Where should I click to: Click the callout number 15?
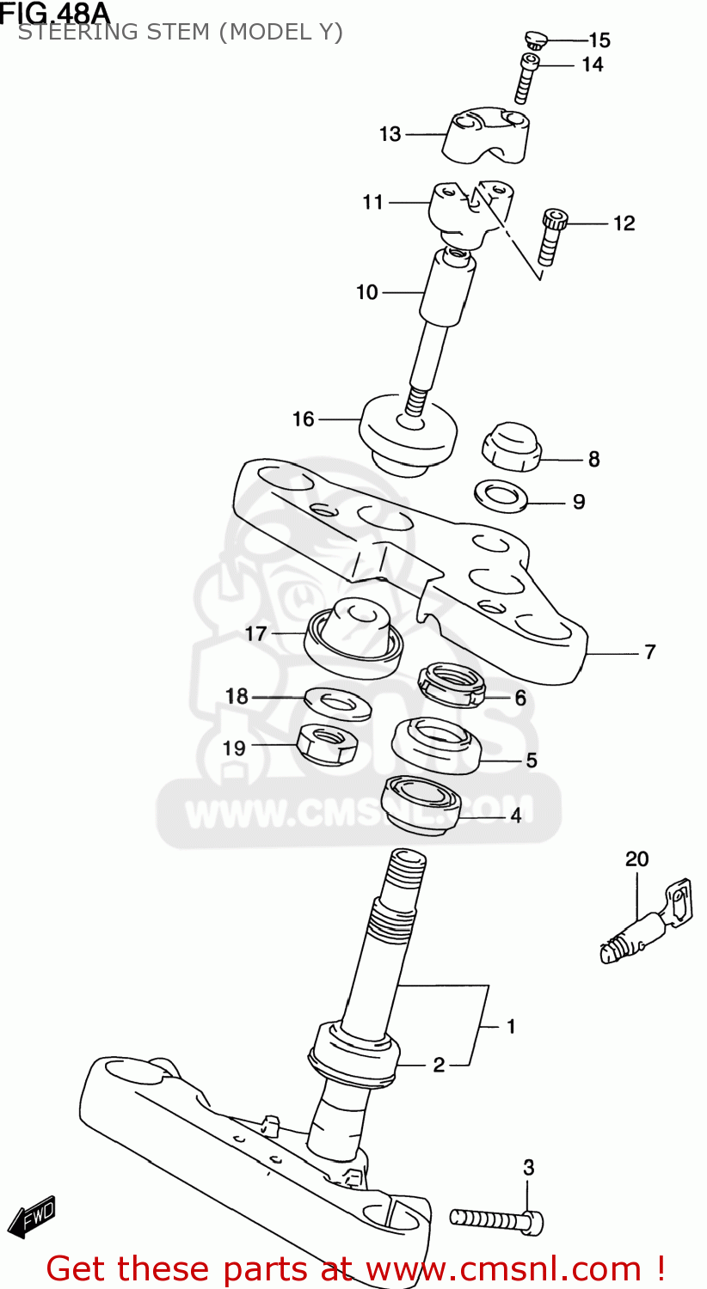point(599,40)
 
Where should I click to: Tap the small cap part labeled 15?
point(535,39)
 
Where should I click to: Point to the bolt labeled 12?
point(551,236)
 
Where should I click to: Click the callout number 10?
point(367,292)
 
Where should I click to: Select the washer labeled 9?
point(501,496)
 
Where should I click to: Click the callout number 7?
point(650,652)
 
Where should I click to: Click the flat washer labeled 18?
point(338,702)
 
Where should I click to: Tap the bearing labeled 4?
point(421,803)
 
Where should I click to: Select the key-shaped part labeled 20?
point(645,925)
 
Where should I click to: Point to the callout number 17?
point(256,634)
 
